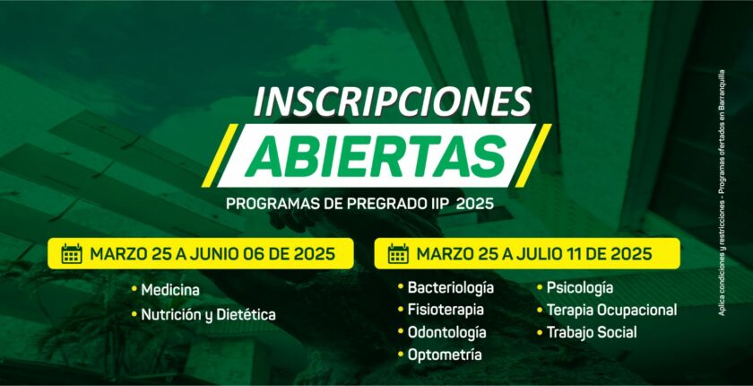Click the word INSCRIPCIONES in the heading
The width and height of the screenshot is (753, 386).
pyautogui.click(x=392, y=102)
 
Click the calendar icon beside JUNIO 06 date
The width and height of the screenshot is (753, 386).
pyautogui.click(x=72, y=254)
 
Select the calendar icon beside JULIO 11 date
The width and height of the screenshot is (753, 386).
pyautogui.click(x=399, y=254)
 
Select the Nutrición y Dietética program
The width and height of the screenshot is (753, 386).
pyautogui.click(x=208, y=315)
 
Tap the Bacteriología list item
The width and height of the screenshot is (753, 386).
pyautogui.click(x=450, y=287)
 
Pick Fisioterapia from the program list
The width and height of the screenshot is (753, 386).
pyautogui.click(x=446, y=310)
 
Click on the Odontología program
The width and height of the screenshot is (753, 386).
pyautogui.click(x=446, y=332)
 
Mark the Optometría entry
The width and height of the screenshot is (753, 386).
pyautogui.click(x=445, y=355)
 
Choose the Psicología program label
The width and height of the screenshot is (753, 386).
pyautogui.click(x=580, y=288)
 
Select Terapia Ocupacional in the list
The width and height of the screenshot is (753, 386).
pyautogui.click(x=611, y=310)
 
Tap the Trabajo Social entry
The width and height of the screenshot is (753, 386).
pyautogui.click(x=593, y=332)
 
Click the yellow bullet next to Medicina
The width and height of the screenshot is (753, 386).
pyautogui.click(x=134, y=289)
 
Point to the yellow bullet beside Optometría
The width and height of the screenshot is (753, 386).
pyautogui.click(x=401, y=355)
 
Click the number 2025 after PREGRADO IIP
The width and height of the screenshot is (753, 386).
pyautogui.click(x=475, y=204)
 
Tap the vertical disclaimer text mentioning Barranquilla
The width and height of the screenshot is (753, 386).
pyautogui.click(x=722, y=193)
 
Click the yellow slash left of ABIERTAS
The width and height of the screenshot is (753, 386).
pyautogui.click(x=220, y=155)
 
